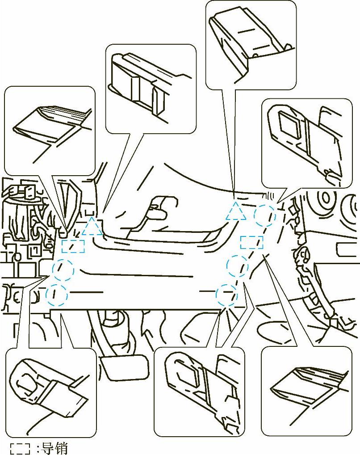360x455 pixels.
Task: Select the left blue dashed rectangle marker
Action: (x=73, y=246)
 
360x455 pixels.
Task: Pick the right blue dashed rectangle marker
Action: (x=251, y=243)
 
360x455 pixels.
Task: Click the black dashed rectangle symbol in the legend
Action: (x=20, y=448)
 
